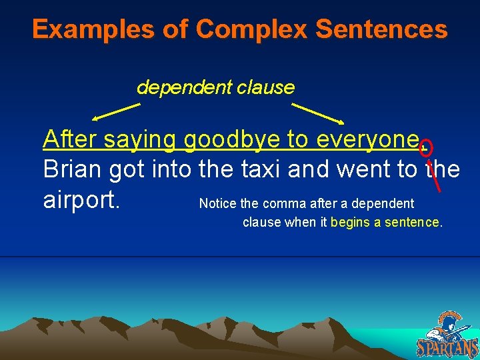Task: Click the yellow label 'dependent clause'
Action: pyautogui.click(x=215, y=87)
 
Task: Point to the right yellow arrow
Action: pyautogui.click(x=318, y=113)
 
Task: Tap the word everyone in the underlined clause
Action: pyautogui.click(x=367, y=141)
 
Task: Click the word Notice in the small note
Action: pyautogui.click(x=216, y=203)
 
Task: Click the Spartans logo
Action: pyautogui.click(x=447, y=335)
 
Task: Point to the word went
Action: pyautogui.click(x=363, y=169)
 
